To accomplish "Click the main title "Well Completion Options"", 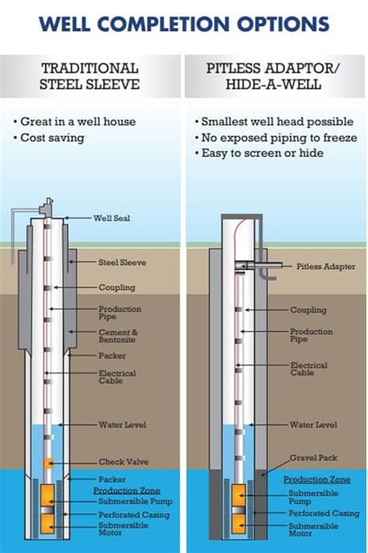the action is [184, 24].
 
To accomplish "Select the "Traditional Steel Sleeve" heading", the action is [89, 76].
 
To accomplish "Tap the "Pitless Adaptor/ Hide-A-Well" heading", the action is [273, 76].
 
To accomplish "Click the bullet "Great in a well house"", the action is [75, 122].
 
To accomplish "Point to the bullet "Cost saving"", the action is [49, 137].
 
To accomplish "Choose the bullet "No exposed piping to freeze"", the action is [276, 137].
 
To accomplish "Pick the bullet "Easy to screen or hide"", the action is [259, 153].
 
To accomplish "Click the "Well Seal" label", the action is [111, 218].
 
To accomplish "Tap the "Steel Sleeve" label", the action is [122, 263].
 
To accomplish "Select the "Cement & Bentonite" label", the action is [118, 336].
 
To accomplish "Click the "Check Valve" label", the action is [123, 461].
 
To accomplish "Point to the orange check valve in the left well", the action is [49, 463].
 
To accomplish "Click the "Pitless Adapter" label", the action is [326, 266].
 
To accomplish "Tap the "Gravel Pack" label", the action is [314, 457].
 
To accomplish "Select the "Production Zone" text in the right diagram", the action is [317, 480].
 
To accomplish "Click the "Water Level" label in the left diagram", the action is [123, 425].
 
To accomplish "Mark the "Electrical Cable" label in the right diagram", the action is [309, 369].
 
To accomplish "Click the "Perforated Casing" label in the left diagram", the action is [134, 515].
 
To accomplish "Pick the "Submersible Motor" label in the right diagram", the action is [314, 530].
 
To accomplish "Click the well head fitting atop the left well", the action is [47, 207].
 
